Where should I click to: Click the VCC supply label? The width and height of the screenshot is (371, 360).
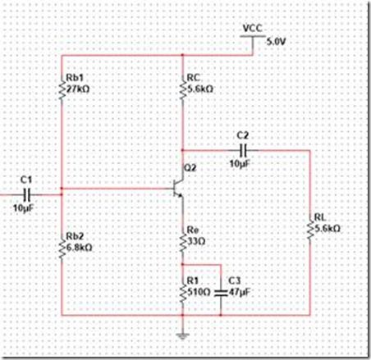(252, 28)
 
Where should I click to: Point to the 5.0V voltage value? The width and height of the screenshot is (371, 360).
(277, 42)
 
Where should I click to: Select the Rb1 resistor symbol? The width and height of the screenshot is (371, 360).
(62, 89)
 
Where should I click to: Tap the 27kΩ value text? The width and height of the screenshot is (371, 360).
(78, 89)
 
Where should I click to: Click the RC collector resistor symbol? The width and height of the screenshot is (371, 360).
(182, 89)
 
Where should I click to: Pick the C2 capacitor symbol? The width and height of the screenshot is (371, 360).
(243, 150)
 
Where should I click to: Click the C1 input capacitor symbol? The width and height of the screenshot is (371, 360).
(27, 194)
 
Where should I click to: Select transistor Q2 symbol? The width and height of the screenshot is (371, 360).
(178, 188)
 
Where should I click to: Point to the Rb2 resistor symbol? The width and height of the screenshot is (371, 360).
(62, 247)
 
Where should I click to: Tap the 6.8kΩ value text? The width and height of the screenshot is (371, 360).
(79, 248)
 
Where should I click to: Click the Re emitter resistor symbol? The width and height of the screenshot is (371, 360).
(182, 240)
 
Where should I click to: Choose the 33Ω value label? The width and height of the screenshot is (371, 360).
(196, 241)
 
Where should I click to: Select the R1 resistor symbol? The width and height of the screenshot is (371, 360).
(182, 292)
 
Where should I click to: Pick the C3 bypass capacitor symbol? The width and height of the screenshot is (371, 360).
(221, 293)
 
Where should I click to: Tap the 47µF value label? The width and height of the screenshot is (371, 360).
(240, 292)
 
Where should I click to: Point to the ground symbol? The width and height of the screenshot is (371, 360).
(182, 335)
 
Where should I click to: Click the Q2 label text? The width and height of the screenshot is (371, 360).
(190, 168)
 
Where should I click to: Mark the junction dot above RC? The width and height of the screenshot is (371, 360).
(182, 55)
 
